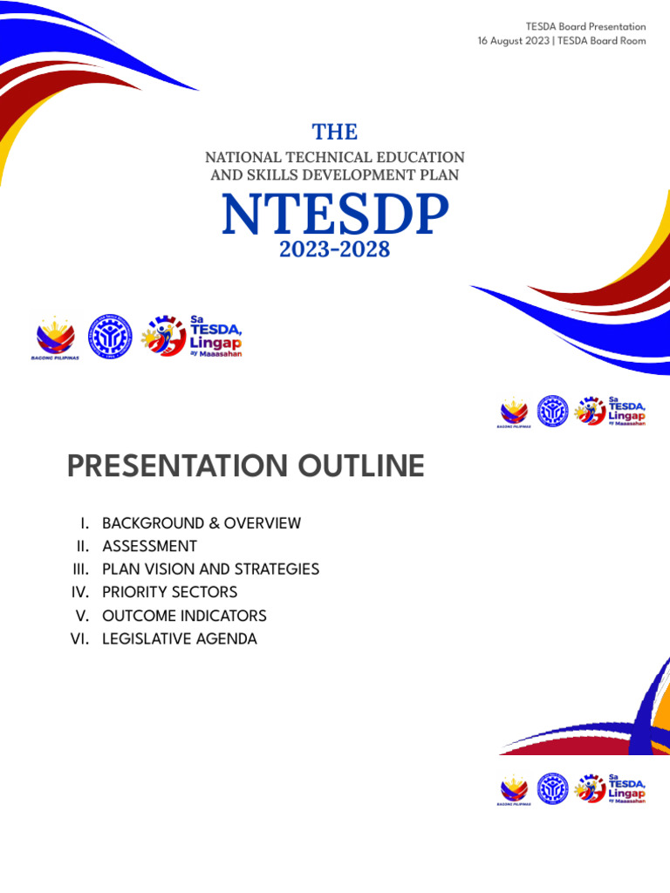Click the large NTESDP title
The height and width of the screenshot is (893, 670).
[x=335, y=215]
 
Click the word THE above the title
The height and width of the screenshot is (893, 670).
[x=335, y=132]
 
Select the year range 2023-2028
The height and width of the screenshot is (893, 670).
[x=334, y=250]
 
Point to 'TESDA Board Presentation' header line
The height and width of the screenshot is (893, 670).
[x=585, y=27]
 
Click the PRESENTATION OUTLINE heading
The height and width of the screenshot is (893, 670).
[x=245, y=467]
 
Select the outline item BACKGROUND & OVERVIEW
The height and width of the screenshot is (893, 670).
[x=202, y=523]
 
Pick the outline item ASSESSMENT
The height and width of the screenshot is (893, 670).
[x=149, y=546]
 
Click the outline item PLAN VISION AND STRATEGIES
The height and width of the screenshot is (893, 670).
[x=210, y=569]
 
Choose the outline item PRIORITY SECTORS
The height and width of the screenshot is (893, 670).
[x=169, y=592]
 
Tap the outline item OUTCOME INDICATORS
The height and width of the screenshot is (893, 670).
[x=184, y=616]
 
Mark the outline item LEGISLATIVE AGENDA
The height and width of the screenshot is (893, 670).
[x=180, y=639]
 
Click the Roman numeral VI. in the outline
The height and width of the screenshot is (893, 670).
[x=81, y=639]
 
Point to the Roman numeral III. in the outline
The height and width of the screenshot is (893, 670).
[x=82, y=569]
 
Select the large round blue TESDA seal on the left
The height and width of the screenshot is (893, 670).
[x=110, y=337]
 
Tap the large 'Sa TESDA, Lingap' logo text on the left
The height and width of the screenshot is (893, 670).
[x=215, y=337]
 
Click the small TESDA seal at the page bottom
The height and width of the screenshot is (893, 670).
[x=552, y=789]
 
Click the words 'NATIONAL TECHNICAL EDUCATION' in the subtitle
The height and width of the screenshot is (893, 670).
[x=335, y=157]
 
